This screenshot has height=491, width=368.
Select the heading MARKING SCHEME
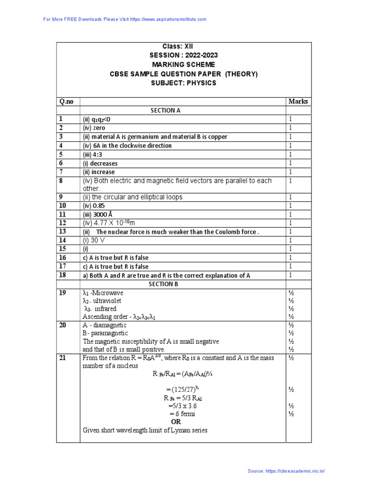coord(184,65)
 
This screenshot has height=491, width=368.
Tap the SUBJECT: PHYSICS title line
coord(184,83)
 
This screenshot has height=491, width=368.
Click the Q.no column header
coord(68,102)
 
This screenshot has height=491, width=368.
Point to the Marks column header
coord(298,102)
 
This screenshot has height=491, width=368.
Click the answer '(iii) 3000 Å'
coord(98,214)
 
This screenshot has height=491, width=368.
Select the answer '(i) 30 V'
coord(94,240)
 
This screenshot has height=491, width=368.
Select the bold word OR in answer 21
coord(177,421)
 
